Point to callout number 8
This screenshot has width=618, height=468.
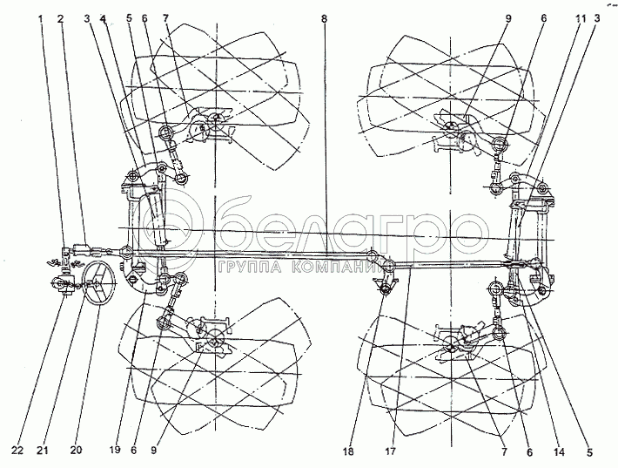click(x=325, y=17)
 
